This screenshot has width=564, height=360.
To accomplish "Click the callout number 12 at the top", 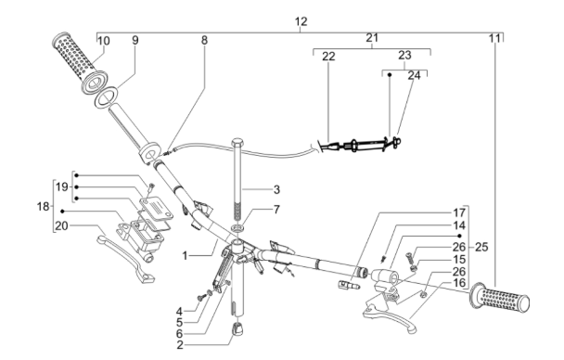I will (300, 20).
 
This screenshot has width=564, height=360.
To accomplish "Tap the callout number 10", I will (102, 41).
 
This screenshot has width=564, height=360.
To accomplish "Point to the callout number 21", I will (372, 37).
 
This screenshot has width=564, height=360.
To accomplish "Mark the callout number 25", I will (481, 249).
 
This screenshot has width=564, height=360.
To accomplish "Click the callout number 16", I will (434, 282).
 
